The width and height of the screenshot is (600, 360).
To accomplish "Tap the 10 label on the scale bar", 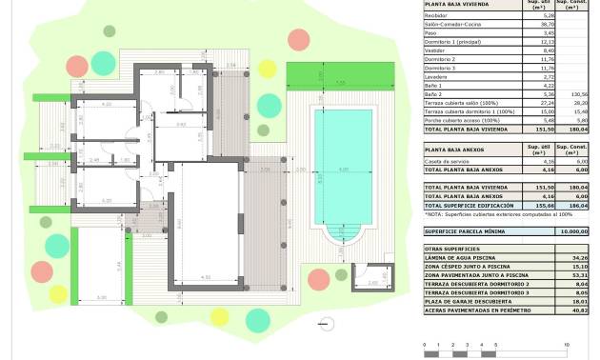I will [x=568, y=344].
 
